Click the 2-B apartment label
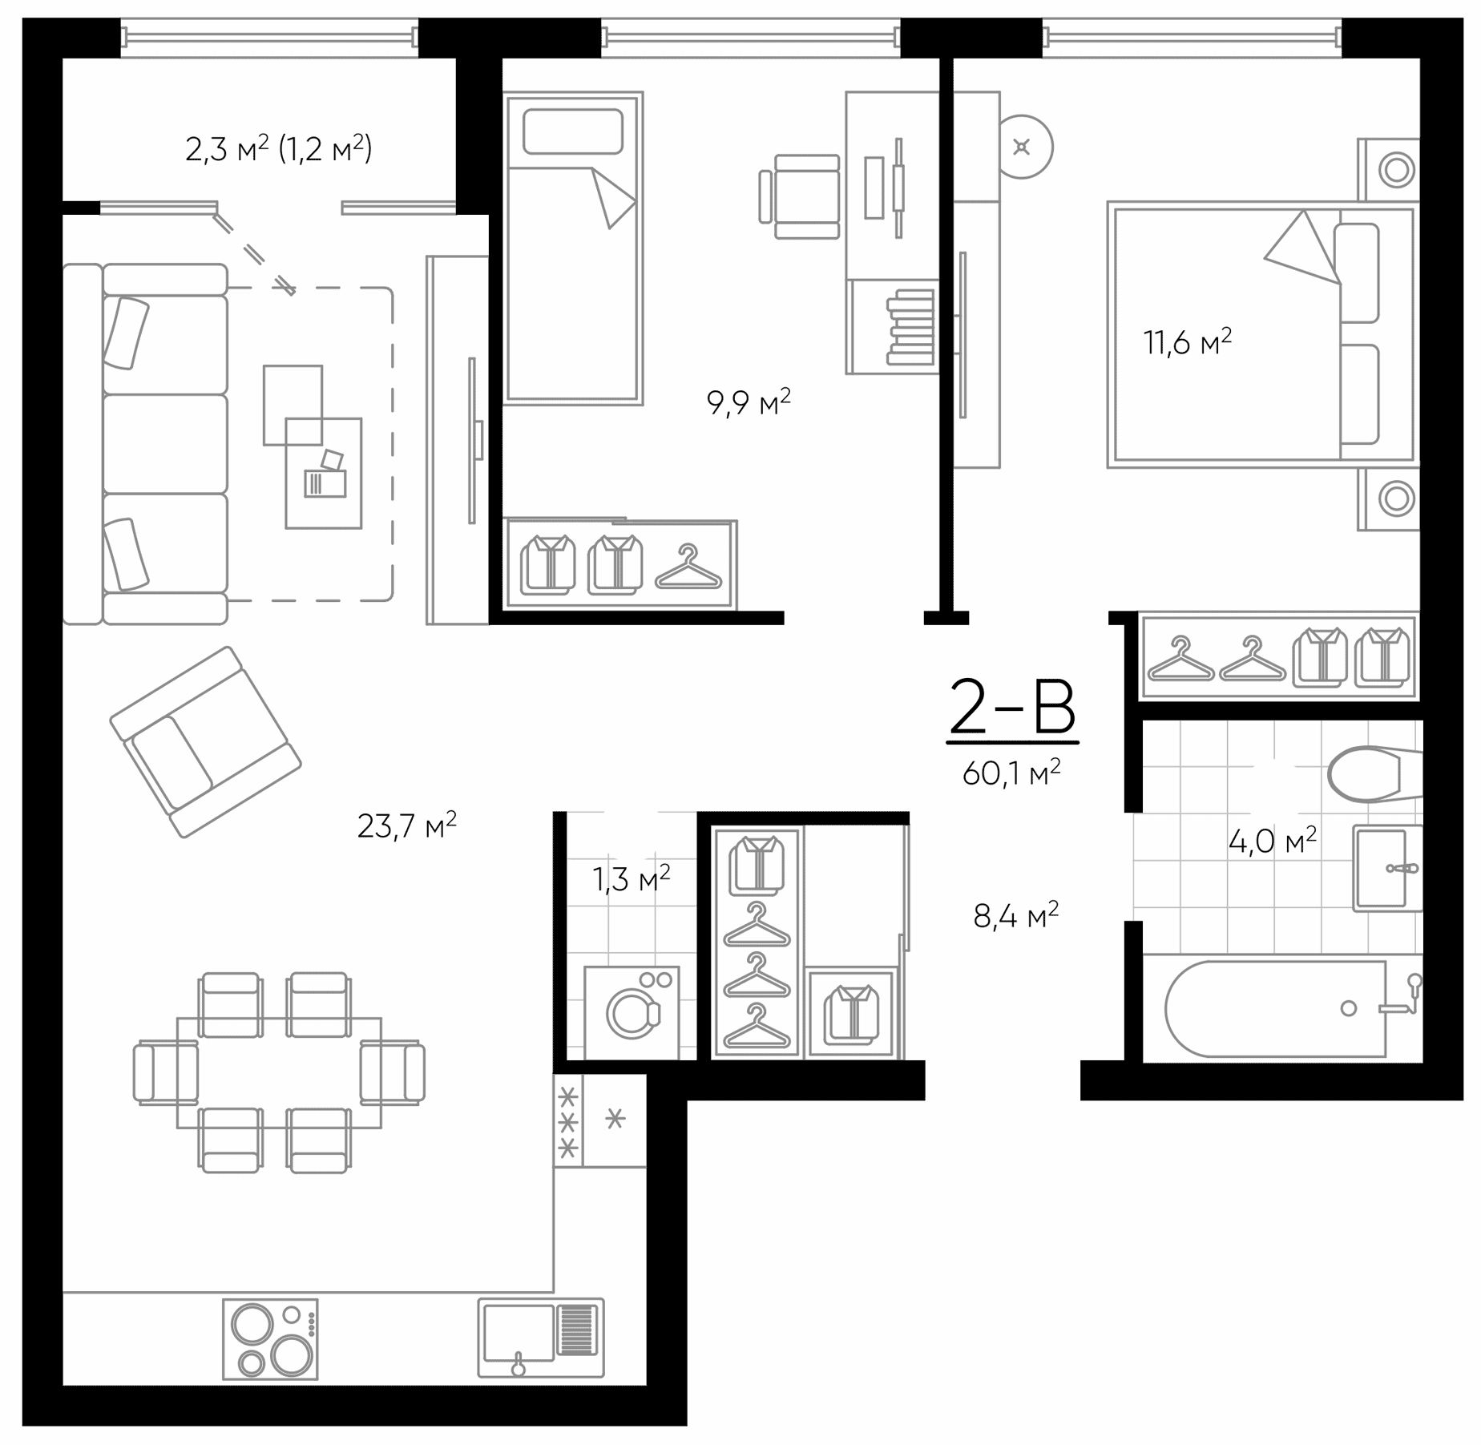coord(1012,707)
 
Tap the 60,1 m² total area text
coord(1011,773)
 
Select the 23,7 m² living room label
coord(407,825)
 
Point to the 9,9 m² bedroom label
coord(749,402)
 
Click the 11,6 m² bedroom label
coord(1188,341)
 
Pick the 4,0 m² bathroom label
coord(1273,841)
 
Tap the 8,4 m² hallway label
coord(1016,914)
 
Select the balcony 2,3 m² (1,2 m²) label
coord(279,148)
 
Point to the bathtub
coord(1275,1009)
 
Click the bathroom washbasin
coord(1387,868)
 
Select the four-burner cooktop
coord(269,1339)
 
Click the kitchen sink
coord(541,1338)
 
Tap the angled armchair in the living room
coord(205,742)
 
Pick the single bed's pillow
coord(573,131)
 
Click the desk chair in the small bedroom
coord(799,196)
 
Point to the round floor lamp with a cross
coord(1022,147)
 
